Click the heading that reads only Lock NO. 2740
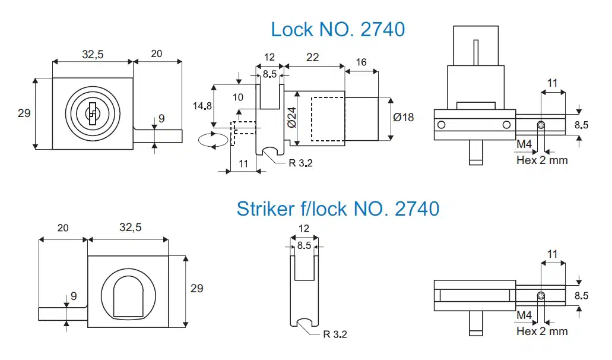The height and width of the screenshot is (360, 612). pyautogui.click(x=338, y=29)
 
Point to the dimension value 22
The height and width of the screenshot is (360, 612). pyautogui.click(x=312, y=58)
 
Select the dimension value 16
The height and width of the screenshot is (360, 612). pyautogui.click(x=362, y=63)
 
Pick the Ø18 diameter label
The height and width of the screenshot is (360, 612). pyautogui.click(x=404, y=117)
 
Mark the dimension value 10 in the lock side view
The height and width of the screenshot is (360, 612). pyautogui.click(x=238, y=97)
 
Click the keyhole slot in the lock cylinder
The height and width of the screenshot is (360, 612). pyautogui.click(x=92, y=113)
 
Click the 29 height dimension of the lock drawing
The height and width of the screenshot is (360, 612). pyautogui.click(x=24, y=113)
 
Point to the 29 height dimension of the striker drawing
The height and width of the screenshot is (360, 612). pyautogui.click(x=196, y=288)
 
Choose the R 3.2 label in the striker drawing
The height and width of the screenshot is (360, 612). pyautogui.click(x=335, y=334)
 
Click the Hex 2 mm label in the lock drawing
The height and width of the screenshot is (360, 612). pyautogui.click(x=542, y=160)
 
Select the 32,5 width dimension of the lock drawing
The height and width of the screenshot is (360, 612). pyautogui.click(x=93, y=54)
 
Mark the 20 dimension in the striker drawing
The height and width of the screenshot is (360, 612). pyautogui.click(x=62, y=228)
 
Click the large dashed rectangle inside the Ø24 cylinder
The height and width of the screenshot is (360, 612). pyautogui.click(x=328, y=118)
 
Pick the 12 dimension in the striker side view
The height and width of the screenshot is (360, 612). pyautogui.click(x=303, y=229)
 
